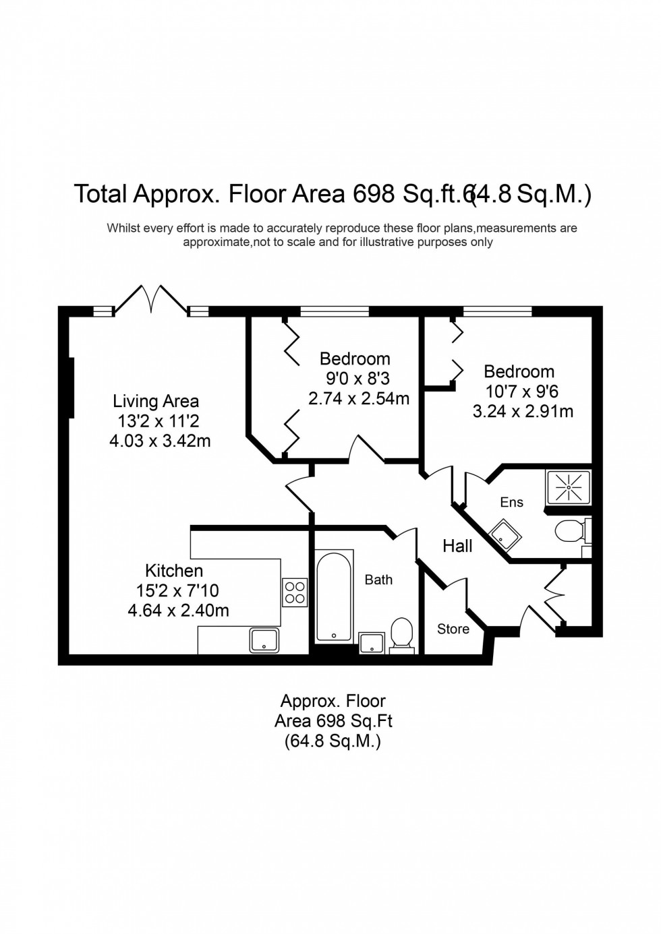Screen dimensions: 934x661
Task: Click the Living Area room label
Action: [156, 402]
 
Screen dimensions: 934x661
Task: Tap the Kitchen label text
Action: [174, 571]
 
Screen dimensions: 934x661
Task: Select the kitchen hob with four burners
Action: [295, 592]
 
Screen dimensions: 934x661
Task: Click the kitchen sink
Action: [265, 640]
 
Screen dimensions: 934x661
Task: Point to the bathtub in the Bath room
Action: [334, 596]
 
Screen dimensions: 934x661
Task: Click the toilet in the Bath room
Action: [403, 635]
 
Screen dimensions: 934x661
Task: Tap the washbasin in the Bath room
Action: [372, 642]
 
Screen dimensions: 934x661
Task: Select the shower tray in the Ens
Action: [568, 485]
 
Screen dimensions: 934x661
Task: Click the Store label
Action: [453, 629]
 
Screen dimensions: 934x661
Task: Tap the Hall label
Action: [457, 546]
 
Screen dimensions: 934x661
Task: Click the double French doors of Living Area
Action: [151, 299]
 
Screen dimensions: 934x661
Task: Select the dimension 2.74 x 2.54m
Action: [359, 398]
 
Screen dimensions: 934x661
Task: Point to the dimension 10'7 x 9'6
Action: [522, 391]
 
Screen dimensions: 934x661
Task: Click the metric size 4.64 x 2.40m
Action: [178, 611]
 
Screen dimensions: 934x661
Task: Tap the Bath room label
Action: [378, 580]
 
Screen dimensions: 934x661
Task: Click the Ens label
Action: [511, 502]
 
